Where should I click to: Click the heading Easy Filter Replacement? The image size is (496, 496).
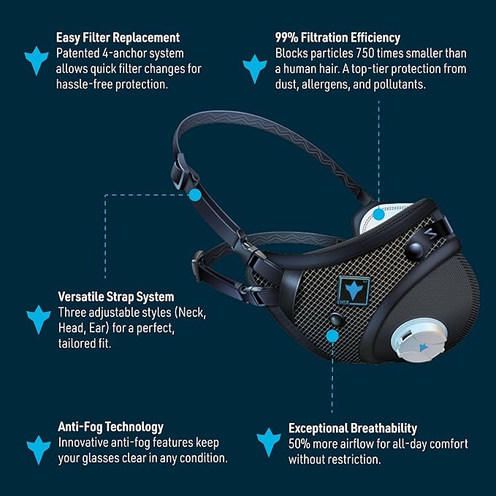tap(118, 37)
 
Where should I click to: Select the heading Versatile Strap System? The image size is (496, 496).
tap(115, 297)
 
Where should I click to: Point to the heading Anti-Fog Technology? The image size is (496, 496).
tap(110, 427)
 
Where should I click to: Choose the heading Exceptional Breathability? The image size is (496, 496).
tap(353, 428)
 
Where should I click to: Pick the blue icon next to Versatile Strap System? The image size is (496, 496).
tap(38, 318)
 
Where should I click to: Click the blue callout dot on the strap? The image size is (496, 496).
tap(195, 195)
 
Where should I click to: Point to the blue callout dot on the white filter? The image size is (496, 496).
tap(378, 214)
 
